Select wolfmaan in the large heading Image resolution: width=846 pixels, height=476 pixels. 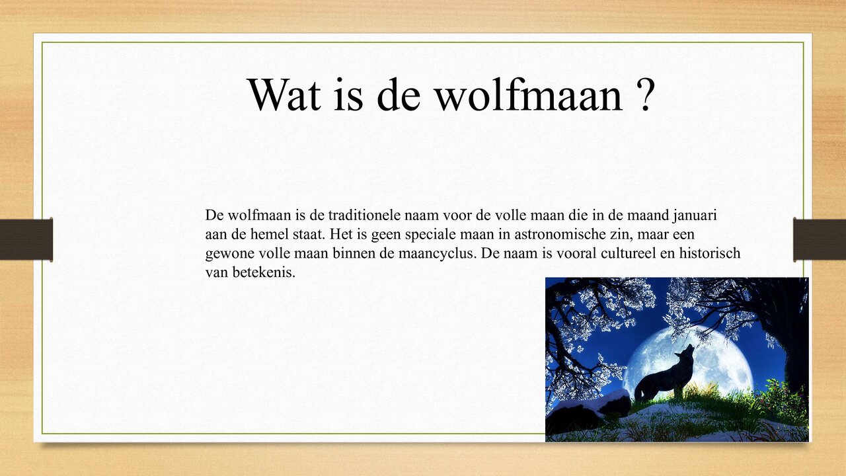[x=528, y=95]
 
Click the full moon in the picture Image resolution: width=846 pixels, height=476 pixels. [x=714, y=357]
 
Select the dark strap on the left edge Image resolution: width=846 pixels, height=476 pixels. [x=26, y=239]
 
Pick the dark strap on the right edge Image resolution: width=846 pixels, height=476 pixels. [x=820, y=239]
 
